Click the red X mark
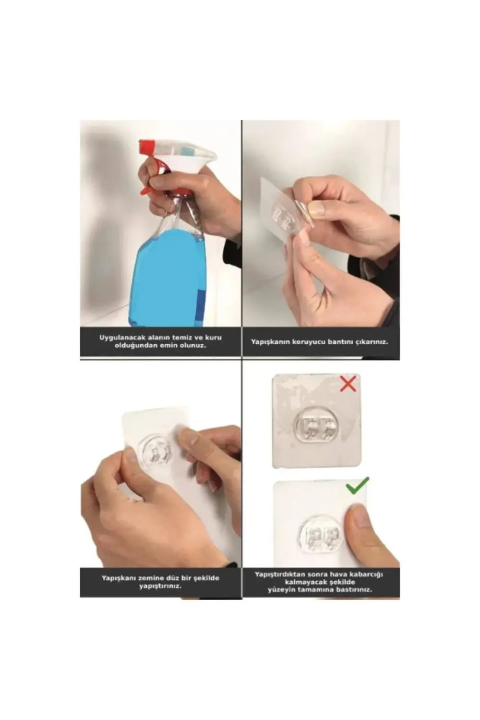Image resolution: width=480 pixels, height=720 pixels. tap(348, 384)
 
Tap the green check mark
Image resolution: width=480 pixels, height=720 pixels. tap(358, 485)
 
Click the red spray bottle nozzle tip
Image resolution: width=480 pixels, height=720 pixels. tap(146, 145)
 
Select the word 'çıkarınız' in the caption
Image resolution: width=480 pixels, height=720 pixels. tap(371, 342)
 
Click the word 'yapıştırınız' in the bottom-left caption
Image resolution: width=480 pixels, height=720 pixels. tap(160, 586)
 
